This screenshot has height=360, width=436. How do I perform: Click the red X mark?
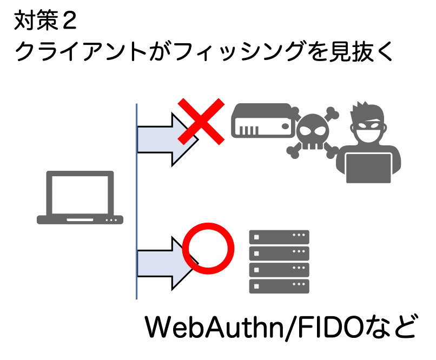pos(201,121)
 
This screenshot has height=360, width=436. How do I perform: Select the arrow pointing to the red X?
pos(162,138)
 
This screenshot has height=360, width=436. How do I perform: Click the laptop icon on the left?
pos(80,198)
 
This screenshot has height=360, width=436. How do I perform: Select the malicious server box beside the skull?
pos(263,121)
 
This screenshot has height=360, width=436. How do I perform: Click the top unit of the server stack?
pos(279,236)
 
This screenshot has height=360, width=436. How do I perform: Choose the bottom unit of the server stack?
pos(279,285)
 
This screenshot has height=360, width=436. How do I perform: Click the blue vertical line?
pos(137,200)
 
